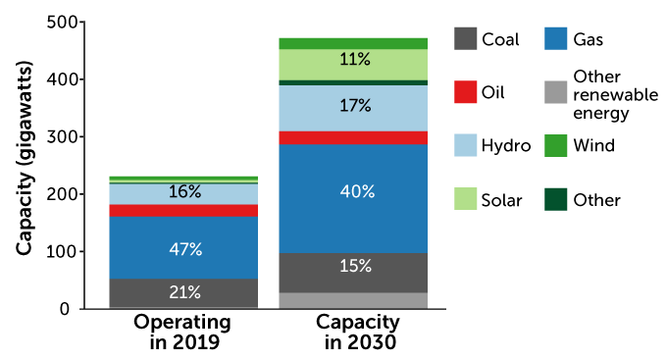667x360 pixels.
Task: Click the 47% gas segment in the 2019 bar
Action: (x=183, y=248)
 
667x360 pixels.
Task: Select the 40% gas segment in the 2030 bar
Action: (x=354, y=191)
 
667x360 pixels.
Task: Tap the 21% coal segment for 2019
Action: (x=183, y=293)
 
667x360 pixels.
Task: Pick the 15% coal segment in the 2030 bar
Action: (x=354, y=266)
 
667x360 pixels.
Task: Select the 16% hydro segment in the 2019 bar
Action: (x=183, y=193)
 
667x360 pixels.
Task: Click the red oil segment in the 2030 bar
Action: (x=354, y=137)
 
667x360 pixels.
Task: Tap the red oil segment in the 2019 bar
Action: (x=183, y=211)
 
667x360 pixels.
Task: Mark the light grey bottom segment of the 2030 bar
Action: (x=354, y=300)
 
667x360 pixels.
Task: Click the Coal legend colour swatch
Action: (x=467, y=39)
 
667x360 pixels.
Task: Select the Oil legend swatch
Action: (x=467, y=93)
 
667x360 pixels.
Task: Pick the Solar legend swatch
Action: (x=467, y=200)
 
